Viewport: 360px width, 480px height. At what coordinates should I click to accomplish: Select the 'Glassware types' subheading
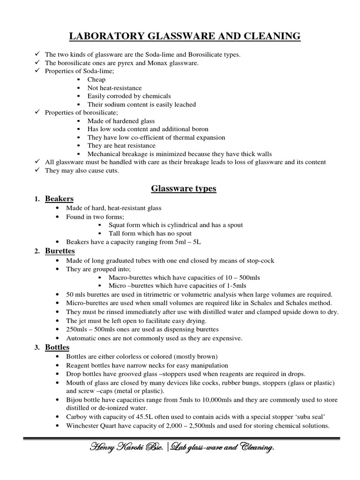[x=183, y=189]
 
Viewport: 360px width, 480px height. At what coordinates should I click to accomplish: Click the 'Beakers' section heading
[x=59, y=199]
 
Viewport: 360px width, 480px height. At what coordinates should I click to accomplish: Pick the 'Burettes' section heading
[x=60, y=252]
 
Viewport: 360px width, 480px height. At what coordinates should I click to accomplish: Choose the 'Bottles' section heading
[x=57, y=347]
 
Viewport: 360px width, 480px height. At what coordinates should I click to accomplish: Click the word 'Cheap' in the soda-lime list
[x=96, y=80]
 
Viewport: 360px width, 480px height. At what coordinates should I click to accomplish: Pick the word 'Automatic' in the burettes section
[x=80, y=337]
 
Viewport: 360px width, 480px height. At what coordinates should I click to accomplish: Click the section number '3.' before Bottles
[x=37, y=348]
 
